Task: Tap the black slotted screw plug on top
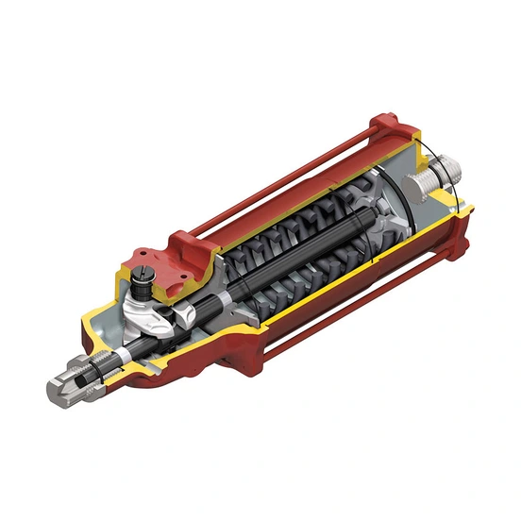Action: coord(144,278)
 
